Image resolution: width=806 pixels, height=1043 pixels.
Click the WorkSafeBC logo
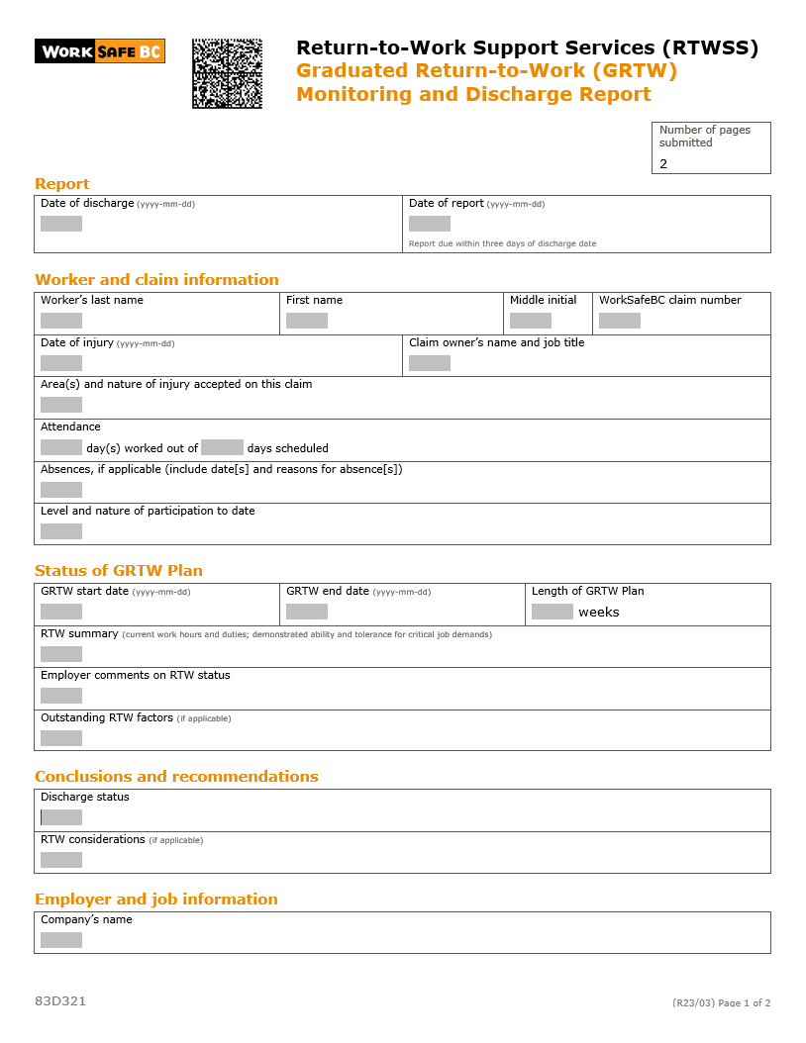click(x=99, y=51)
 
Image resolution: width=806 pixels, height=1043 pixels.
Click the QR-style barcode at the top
click(x=227, y=73)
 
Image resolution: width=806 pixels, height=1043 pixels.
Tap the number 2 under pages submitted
click(x=663, y=164)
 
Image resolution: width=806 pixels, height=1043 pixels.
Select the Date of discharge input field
click(x=61, y=224)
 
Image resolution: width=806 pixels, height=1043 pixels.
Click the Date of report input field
click(x=430, y=224)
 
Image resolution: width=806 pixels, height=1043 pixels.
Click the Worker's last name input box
click(x=61, y=321)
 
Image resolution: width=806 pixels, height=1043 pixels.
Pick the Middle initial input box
click(x=531, y=321)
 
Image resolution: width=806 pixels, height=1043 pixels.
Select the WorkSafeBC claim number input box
click(x=620, y=321)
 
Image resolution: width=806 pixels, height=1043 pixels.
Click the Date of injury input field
click(x=61, y=363)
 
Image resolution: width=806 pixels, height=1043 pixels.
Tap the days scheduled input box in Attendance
click(x=222, y=447)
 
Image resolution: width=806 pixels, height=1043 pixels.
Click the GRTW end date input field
click(x=307, y=612)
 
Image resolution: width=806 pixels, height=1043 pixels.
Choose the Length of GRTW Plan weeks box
click(x=553, y=612)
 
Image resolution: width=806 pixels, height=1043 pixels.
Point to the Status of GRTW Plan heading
click(x=119, y=571)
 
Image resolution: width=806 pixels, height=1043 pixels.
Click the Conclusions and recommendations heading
click(x=176, y=777)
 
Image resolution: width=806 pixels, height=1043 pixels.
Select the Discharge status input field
click(x=61, y=817)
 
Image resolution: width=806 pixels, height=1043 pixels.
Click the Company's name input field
click(x=61, y=940)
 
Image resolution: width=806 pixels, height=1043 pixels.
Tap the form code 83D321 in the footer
click(x=60, y=1001)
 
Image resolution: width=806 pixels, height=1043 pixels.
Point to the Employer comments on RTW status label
click(x=135, y=676)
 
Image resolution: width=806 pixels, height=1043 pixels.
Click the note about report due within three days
click(x=502, y=243)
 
